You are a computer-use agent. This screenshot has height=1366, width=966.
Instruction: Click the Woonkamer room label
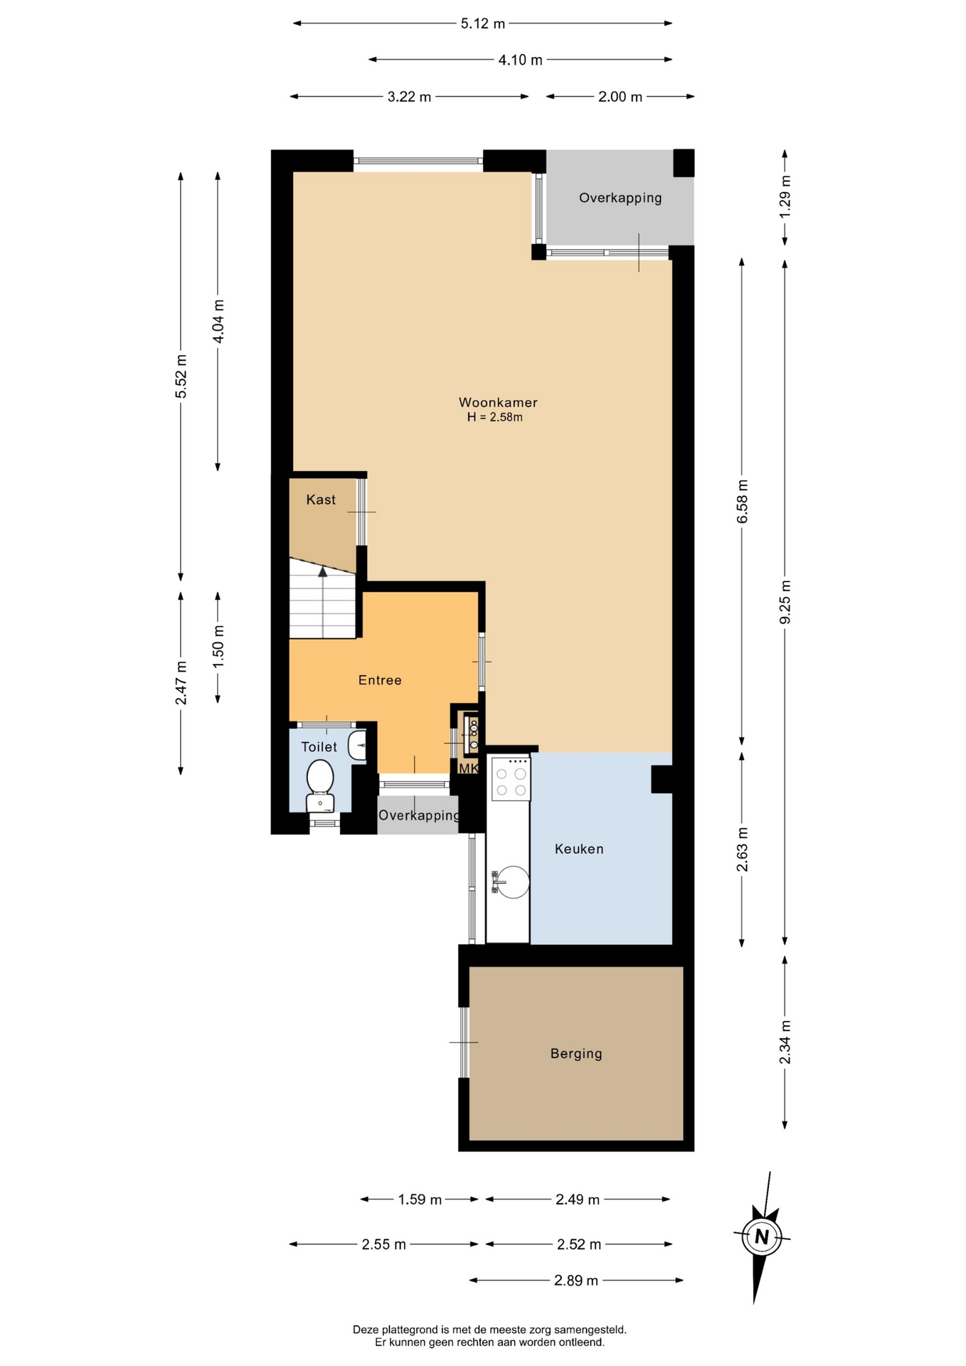pos(498,403)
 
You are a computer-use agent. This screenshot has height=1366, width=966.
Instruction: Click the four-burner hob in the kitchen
pos(511,778)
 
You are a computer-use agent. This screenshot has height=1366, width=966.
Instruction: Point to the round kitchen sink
pos(512,882)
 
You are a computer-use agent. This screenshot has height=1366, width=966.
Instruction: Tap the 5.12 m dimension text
pos(483,23)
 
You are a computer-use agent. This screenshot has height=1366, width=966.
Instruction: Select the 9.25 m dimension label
pos(785,602)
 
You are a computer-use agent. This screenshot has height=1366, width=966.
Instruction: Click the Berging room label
pos(576,1054)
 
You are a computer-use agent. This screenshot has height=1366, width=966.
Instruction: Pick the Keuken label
pos(579,849)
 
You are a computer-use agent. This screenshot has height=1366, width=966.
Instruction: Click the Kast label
pos(321,499)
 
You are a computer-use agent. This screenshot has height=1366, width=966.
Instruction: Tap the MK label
pos(468,768)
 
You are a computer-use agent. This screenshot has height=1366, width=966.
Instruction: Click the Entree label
pos(380,680)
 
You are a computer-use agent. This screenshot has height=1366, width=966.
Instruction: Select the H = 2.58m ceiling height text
pos(495,418)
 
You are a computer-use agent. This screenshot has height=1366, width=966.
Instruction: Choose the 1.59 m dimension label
pos(420,1200)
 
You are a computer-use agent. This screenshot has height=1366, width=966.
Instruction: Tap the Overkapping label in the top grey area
pos(620,198)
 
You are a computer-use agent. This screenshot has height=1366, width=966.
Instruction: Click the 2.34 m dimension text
pos(785,1042)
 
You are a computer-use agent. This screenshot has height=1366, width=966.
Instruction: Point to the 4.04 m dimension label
pos(218,321)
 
